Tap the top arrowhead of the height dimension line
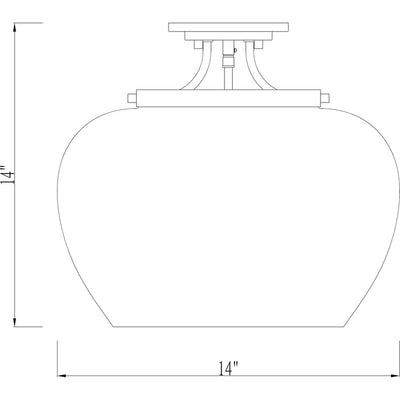pyautogui.click(x=15, y=28)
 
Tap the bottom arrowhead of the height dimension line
pyautogui.click(x=15, y=322)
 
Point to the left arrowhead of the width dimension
pyautogui.click(x=62, y=376)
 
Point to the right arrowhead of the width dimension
pyautogui.click(x=394, y=376)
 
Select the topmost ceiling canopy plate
pyautogui.click(x=229, y=27)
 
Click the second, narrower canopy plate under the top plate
pyautogui.click(x=229, y=36)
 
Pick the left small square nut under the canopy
pyautogui.click(x=199, y=45)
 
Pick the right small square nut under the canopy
pyautogui.click(x=259, y=45)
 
